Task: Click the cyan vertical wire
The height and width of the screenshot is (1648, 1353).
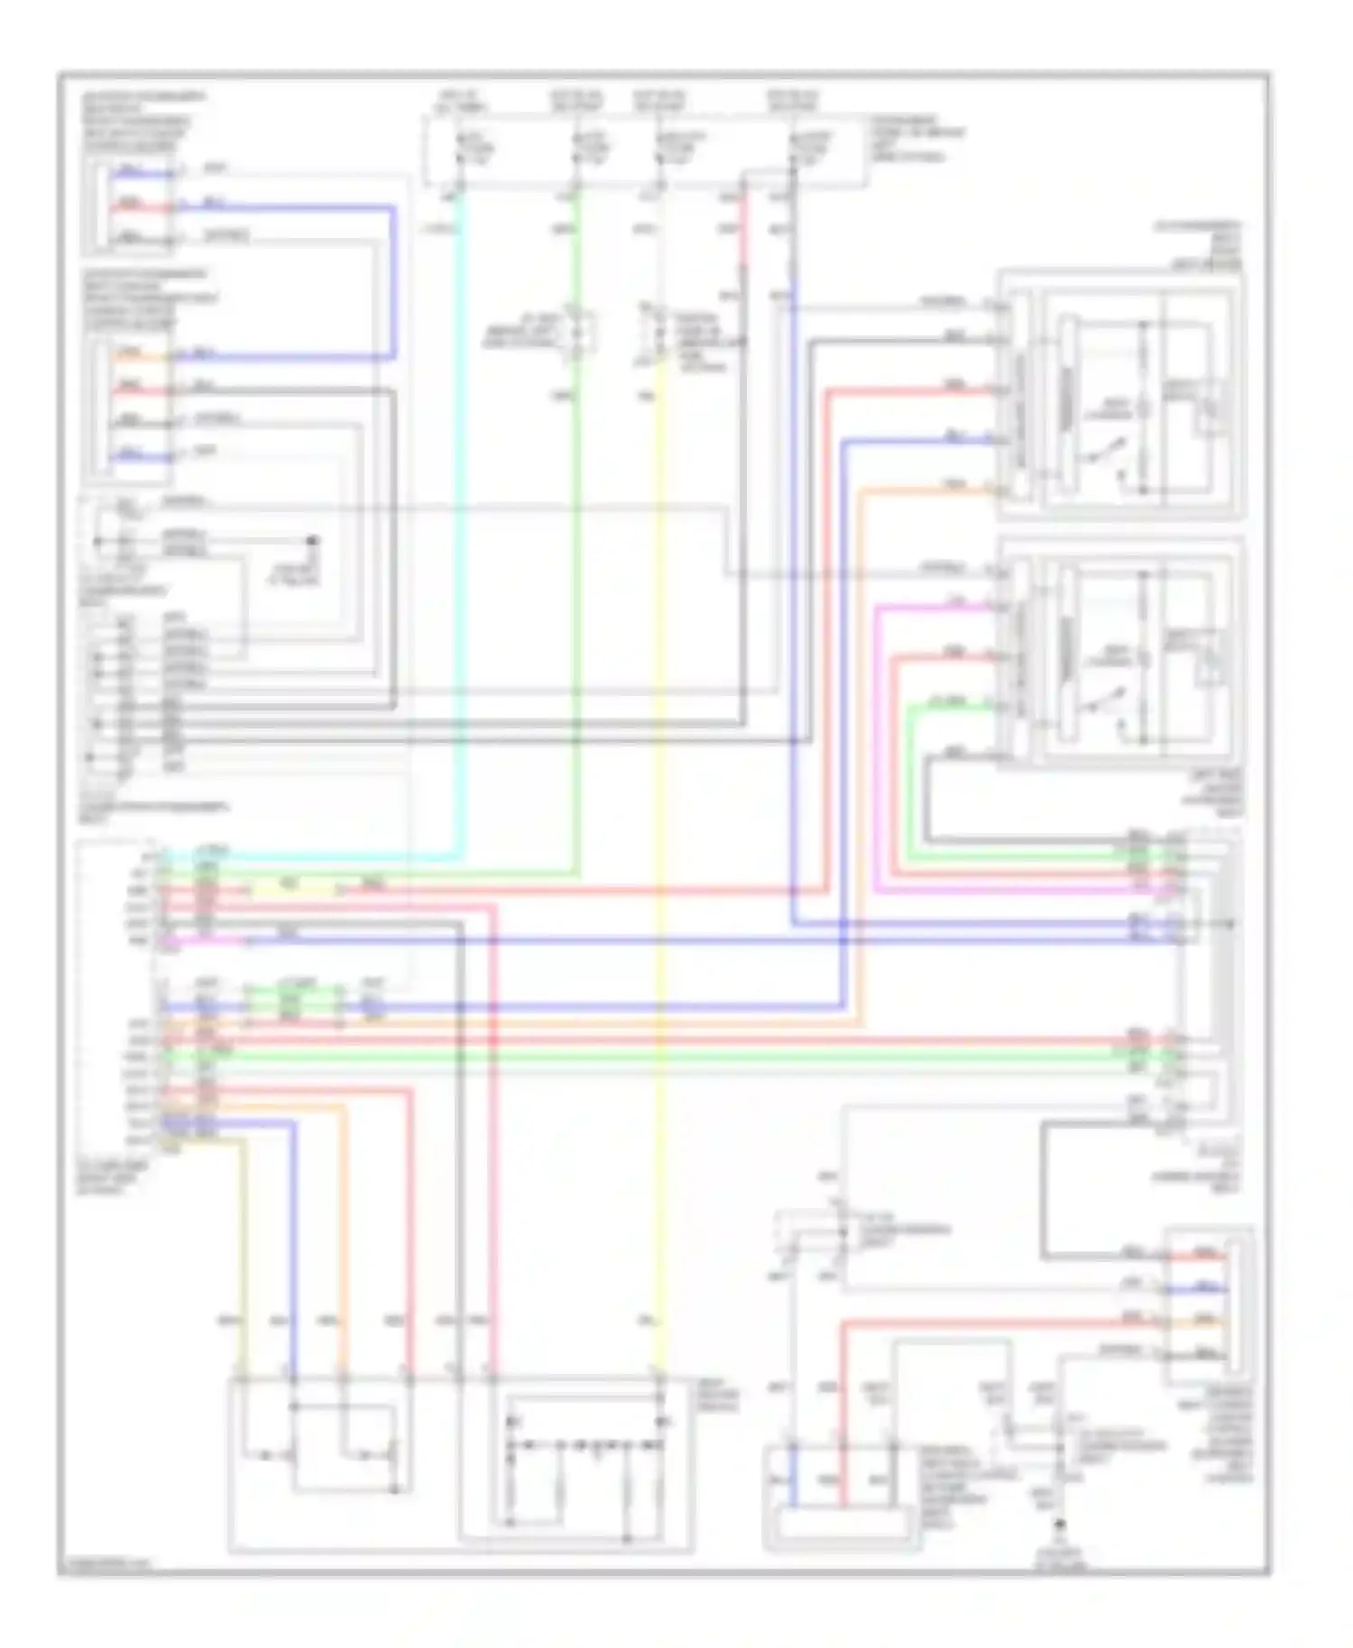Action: click(x=461, y=541)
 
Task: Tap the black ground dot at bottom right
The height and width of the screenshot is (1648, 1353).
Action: click(x=1062, y=1524)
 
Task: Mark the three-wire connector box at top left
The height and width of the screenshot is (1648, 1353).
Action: click(x=128, y=206)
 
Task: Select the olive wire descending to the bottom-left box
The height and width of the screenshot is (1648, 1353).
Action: click(x=243, y=1262)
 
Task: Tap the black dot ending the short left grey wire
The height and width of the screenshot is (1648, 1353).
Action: click(x=313, y=541)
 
